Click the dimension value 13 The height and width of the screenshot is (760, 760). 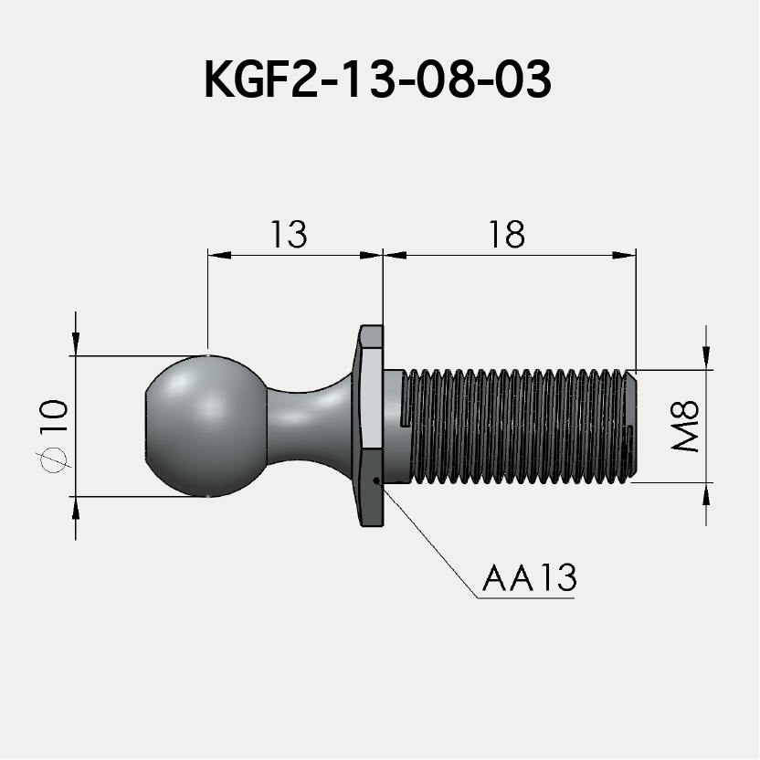(x=288, y=235)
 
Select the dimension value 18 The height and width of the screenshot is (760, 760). (x=506, y=235)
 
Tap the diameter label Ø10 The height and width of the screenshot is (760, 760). (x=55, y=435)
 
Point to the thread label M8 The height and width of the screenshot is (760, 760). (x=685, y=426)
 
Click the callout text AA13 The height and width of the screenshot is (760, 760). (x=530, y=578)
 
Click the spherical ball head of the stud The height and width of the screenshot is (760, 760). (x=206, y=426)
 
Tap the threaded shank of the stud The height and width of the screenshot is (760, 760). (x=516, y=426)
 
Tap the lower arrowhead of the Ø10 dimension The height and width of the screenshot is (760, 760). (x=75, y=507)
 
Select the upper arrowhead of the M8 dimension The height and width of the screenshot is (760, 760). (x=706, y=358)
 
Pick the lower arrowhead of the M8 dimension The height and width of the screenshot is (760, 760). (x=706, y=493)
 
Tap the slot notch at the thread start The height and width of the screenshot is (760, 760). (x=407, y=421)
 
